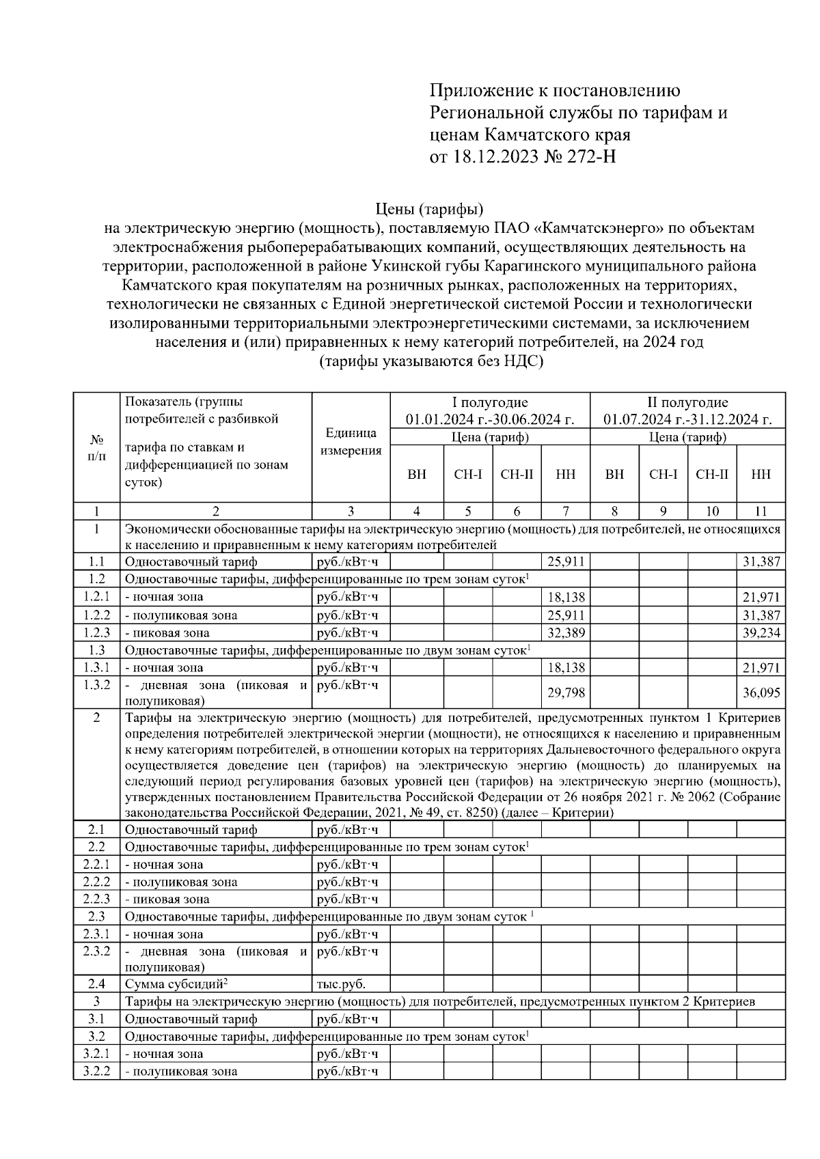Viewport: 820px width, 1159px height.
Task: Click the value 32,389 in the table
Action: click(x=566, y=633)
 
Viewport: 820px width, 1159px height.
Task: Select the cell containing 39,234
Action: click(x=761, y=633)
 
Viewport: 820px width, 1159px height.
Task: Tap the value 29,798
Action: click(x=566, y=693)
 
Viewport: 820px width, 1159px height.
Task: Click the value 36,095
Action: click(x=761, y=693)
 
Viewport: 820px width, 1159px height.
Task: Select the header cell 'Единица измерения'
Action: click(x=351, y=442)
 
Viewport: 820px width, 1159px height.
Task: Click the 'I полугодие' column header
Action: click(x=490, y=402)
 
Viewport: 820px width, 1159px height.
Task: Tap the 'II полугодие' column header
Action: click(x=687, y=402)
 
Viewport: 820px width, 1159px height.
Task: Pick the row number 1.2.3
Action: click(x=96, y=632)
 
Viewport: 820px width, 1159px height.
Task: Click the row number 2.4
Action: click(x=96, y=984)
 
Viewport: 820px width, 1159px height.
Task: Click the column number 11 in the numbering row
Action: click(x=761, y=511)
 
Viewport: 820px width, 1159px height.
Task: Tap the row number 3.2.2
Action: click(x=96, y=1071)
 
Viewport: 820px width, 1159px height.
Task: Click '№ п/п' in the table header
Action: click(x=96, y=448)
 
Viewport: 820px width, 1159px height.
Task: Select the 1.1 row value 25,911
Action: click(x=566, y=562)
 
